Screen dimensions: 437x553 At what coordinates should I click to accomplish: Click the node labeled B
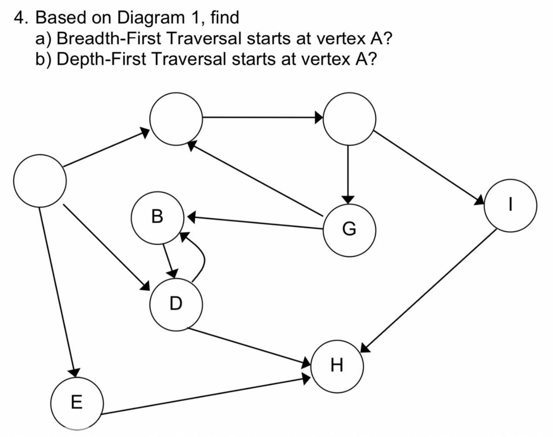tap(158, 216)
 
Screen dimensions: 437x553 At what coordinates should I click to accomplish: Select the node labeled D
tap(176, 304)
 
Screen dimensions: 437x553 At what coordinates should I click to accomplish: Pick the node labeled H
tap(337, 365)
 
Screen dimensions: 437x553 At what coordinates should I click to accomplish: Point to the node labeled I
tap(510, 205)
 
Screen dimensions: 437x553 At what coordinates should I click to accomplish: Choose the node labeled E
tap(76, 402)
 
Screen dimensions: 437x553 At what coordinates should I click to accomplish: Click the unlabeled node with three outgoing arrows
tap(40, 180)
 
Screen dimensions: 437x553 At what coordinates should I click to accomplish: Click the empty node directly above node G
tap(349, 118)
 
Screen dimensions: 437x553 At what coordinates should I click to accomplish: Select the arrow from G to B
tap(255, 222)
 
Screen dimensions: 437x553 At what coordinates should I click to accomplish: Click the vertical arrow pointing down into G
tap(349, 173)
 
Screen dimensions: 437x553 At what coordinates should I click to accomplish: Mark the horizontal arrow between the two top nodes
tap(261, 117)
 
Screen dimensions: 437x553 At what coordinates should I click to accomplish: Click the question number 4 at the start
tap(19, 18)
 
